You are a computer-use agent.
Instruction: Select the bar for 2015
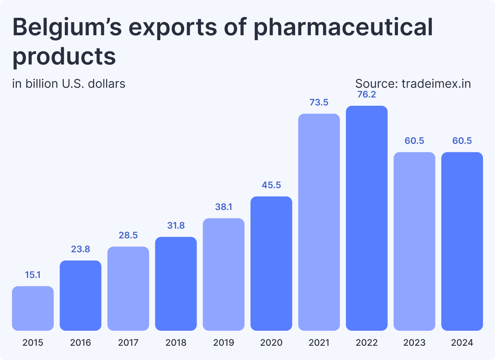point(33,308)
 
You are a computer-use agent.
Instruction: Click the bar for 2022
point(366,218)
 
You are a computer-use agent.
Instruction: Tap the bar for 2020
point(271,263)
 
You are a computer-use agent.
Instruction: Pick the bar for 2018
point(176,283)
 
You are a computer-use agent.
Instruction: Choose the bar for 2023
point(414,241)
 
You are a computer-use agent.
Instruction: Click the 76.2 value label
point(366,94)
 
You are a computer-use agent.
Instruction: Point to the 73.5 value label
point(319,102)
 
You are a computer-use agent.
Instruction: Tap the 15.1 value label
point(33,275)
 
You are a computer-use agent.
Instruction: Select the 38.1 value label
point(223,207)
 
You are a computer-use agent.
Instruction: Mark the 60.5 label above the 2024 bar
point(462,141)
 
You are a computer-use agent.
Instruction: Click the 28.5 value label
point(128,235)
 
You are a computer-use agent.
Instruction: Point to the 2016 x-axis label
point(81,342)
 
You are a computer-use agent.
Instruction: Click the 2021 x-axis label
point(319,342)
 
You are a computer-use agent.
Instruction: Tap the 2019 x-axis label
point(223,342)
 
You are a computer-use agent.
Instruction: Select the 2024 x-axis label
point(462,342)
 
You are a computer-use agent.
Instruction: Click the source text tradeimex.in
point(436,83)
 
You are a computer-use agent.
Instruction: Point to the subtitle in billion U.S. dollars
point(69,83)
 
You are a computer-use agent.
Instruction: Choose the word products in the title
point(64,56)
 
